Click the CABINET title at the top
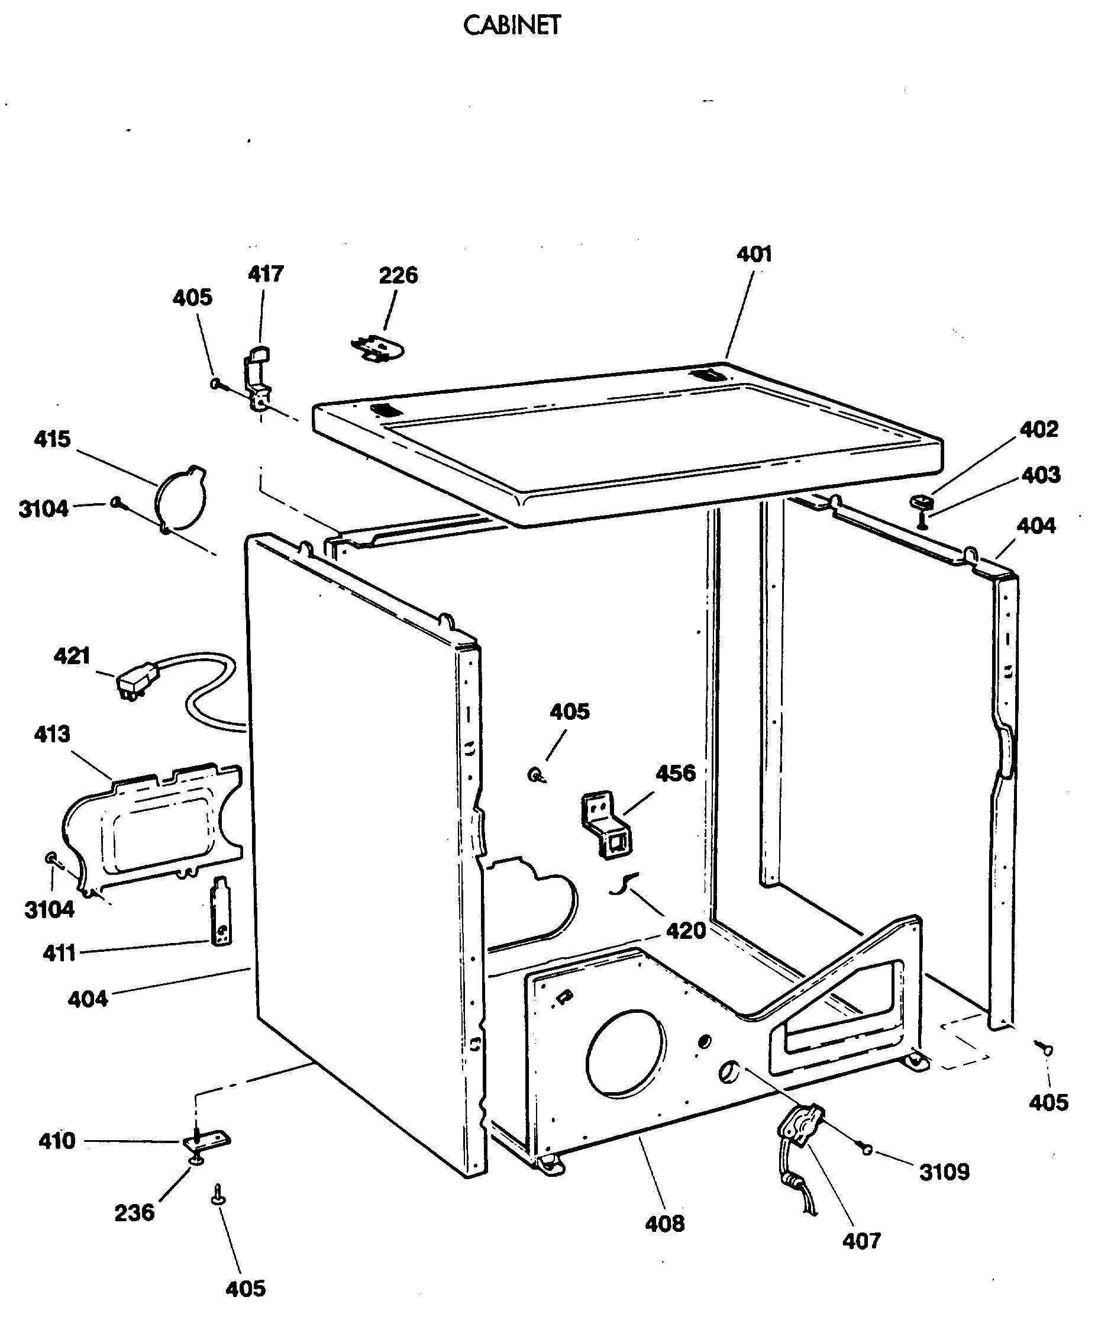(511, 26)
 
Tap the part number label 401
(754, 255)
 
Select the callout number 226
(398, 275)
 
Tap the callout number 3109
(944, 1172)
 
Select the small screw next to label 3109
(867, 1149)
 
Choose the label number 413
(53, 735)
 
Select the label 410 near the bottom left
(57, 1141)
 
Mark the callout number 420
(686, 931)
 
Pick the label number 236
(134, 1213)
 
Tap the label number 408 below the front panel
(664, 1224)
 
